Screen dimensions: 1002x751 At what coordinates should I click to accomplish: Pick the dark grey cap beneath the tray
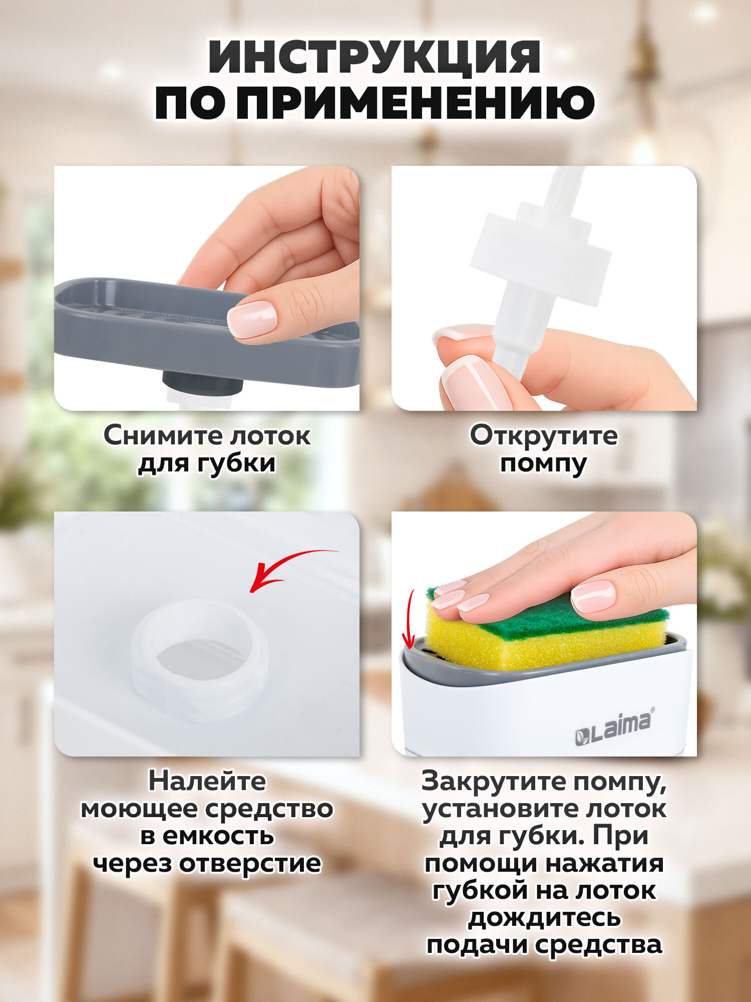203,383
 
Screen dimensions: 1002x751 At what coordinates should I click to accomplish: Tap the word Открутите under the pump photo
543,435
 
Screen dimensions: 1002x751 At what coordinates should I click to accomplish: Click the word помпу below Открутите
543,463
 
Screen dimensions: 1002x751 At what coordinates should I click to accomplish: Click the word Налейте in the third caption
207,782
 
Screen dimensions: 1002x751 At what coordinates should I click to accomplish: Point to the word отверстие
250,863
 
